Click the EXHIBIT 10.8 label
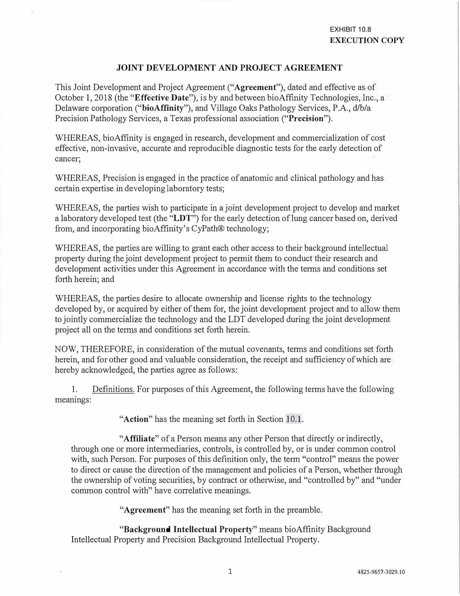(350, 29)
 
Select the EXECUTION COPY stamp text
(367, 40)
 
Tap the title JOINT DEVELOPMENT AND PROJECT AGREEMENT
(229, 68)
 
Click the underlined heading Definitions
(113, 389)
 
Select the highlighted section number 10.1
(294, 419)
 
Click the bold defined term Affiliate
(139, 439)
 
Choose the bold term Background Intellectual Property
(189, 529)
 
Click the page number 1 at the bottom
(230, 571)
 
